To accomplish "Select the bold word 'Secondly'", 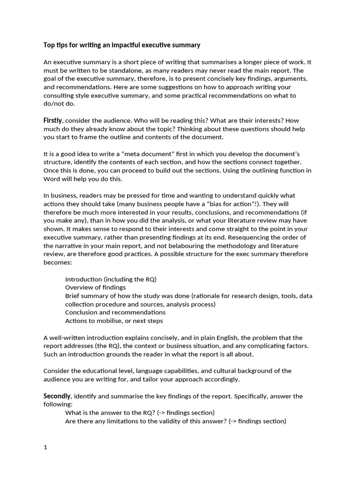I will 57,396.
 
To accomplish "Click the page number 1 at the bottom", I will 45,447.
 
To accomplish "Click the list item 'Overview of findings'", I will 95,287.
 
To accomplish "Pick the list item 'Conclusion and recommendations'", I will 115,312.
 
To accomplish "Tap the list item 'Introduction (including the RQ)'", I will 111,279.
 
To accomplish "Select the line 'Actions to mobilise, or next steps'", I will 114,321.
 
